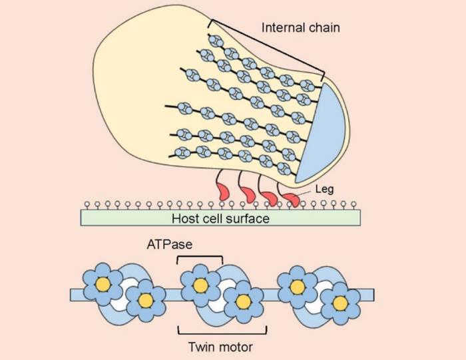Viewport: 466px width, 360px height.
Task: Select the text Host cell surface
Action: pyautogui.click(x=220, y=218)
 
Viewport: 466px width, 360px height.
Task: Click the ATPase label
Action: pyautogui.click(x=170, y=244)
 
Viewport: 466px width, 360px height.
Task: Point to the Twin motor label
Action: pyautogui.click(x=221, y=346)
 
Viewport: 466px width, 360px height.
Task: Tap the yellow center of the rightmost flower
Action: pyautogui.click(x=340, y=303)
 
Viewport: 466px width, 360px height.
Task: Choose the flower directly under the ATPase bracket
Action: pyautogui.click(x=200, y=284)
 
